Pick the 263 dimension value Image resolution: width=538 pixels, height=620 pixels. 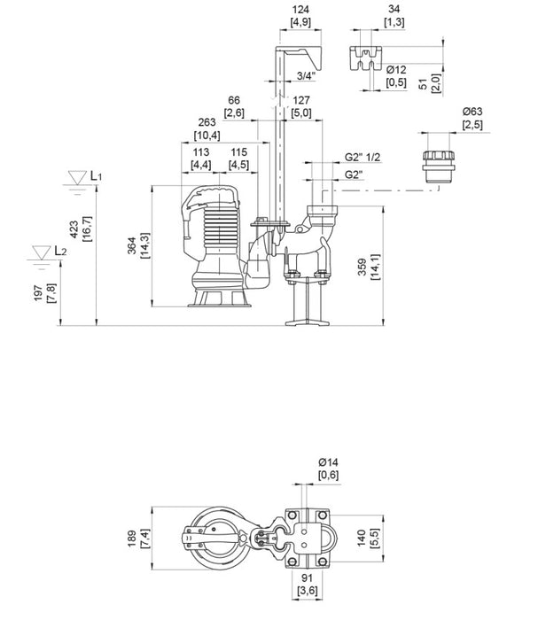pyautogui.click(x=207, y=123)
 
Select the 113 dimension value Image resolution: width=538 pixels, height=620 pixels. pyautogui.click(x=201, y=151)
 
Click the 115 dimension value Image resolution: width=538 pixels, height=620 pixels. pyautogui.click(x=238, y=151)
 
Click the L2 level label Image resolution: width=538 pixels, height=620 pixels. pyautogui.click(x=59, y=252)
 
